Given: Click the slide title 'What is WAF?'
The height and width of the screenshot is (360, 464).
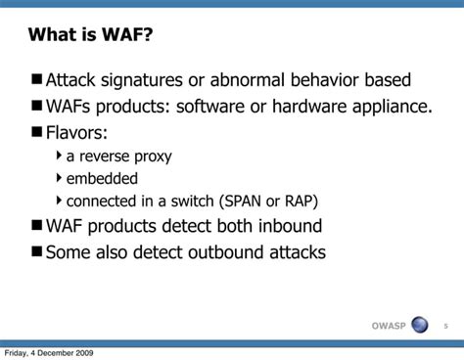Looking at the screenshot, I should click(90, 36).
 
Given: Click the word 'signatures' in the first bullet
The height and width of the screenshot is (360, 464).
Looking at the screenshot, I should click(151, 80).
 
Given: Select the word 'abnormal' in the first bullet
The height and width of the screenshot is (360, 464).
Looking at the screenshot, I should click(259, 80).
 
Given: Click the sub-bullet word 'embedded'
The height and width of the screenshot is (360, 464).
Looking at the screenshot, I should click(102, 179).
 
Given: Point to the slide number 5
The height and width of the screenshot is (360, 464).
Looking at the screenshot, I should click(445, 325).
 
